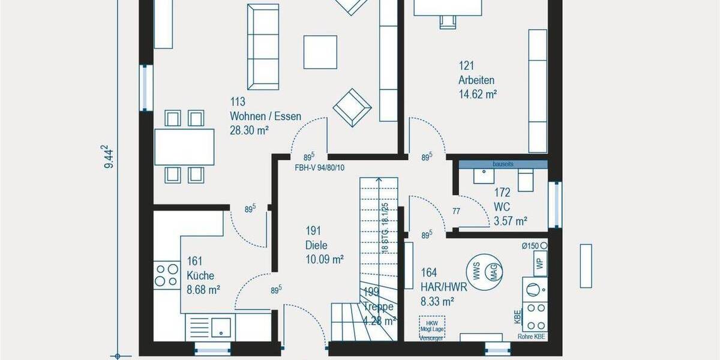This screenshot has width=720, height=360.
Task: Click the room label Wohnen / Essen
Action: click(265, 117)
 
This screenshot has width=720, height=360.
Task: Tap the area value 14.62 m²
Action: click(478, 94)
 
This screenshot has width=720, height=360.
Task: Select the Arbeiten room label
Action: click(476, 80)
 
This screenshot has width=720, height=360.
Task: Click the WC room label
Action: click(502, 207)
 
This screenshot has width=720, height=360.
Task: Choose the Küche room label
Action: click(200, 275)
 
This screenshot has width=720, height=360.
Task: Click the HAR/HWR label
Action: click(437, 287)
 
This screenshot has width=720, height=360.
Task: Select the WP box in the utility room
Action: click(539, 263)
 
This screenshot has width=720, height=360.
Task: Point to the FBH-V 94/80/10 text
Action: click(319, 167)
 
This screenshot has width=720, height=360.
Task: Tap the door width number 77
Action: click(457, 211)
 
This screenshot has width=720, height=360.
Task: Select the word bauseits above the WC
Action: click(503, 164)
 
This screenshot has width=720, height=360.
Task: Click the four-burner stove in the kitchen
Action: click(166, 275)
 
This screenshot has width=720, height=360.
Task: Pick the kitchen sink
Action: click(223, 327)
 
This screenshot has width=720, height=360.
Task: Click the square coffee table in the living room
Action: click(320, 52)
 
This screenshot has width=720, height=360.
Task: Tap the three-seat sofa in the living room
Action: click(263, 47)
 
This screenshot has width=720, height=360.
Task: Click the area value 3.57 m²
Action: click(510, 221)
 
